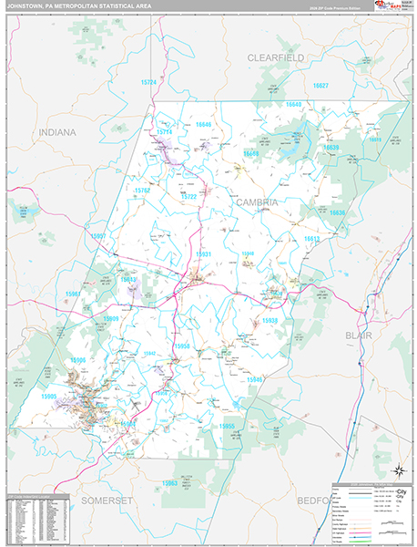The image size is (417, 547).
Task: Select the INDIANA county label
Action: [x=56, y=132]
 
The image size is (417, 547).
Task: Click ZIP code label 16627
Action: [x=320, y=85]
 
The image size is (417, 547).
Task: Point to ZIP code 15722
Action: [x=188, y=196]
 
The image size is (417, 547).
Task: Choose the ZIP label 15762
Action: [x=143, y=191]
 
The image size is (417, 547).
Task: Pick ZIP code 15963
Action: [x=169, y=482]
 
